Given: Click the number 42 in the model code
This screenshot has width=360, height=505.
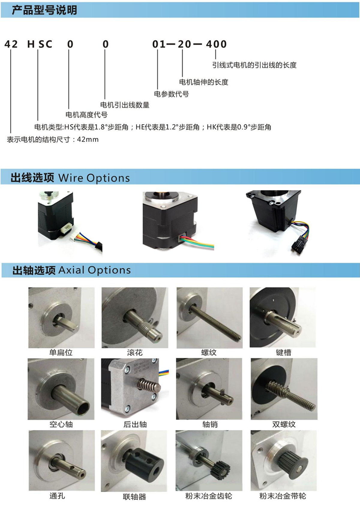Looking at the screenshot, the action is point(11,44).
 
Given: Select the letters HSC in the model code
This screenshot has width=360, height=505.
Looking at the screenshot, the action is point(40,44).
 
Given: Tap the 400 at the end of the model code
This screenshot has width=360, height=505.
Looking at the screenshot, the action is point(216,44).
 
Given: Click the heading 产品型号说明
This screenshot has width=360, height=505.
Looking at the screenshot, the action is point(44,10).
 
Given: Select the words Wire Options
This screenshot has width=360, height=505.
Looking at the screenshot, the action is point(94,178).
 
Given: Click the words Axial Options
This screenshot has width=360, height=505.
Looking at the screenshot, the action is point(95,270).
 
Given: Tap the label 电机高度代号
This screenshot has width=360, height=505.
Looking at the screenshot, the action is point(87,115).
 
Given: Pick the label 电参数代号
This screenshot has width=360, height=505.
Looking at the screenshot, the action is point(172,94).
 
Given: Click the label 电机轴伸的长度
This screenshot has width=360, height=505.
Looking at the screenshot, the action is point(204,82).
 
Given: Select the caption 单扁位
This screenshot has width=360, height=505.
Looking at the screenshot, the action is point(61,352).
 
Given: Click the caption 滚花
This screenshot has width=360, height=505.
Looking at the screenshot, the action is point(135,352).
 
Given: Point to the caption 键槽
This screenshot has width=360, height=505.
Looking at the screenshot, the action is point(283,352).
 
